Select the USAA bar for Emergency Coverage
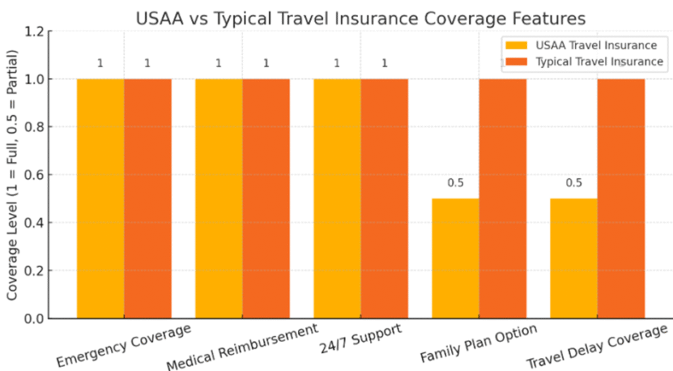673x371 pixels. (x=101, y=197)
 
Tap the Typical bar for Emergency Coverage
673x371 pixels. (x=148, y=197)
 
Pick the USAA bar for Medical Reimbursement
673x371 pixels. (x=219, y=197)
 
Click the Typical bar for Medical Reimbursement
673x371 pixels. (x=266, y=197)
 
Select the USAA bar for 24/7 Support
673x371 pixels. (x=337, y=197)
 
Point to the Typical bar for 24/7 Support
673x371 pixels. (x=384, y=197)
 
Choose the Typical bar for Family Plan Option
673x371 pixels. (x=503, y=197)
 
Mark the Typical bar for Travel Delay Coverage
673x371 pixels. (x=621, y=197)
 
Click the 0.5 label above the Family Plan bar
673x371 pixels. (x=455, y=183)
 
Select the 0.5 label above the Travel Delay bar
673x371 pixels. (x=574, y=183)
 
